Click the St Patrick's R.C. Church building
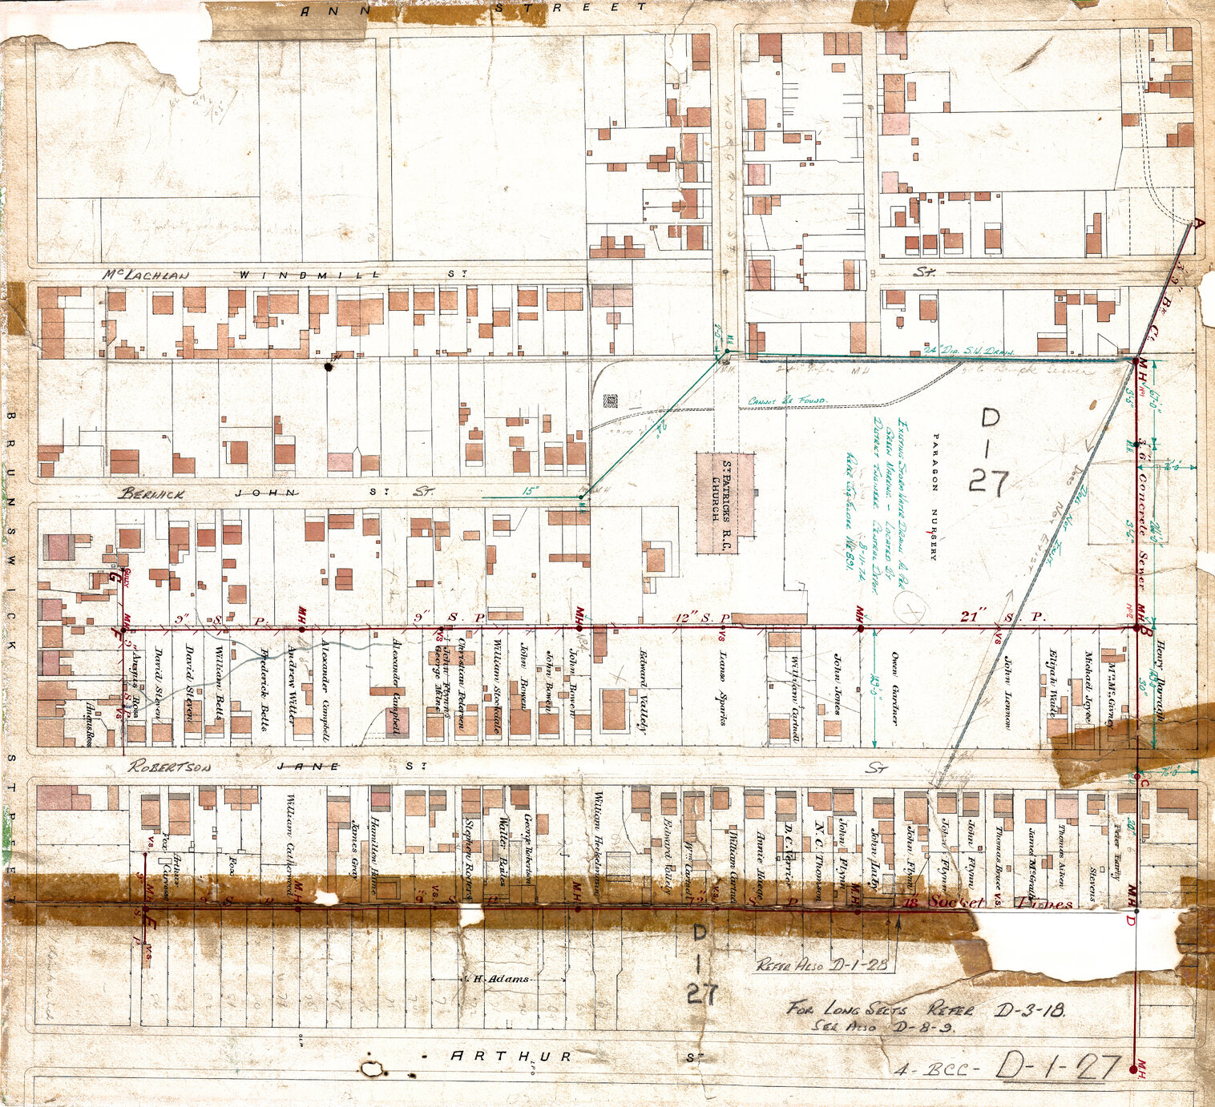725,503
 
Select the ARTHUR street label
511,1056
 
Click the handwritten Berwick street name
152,494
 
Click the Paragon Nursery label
933,497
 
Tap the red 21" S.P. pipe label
1003,617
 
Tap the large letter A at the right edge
1199,223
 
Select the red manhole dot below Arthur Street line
1132,1069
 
